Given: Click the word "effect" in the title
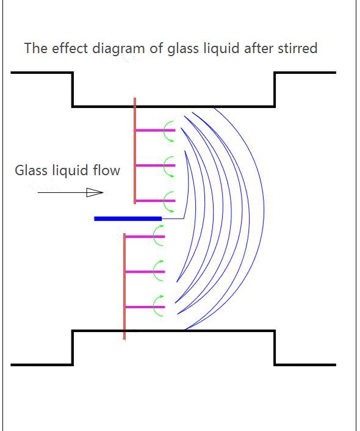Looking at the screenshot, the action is click(70, 48).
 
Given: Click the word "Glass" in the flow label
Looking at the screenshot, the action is click(31, 170).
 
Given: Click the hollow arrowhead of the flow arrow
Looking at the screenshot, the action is click(95, 192).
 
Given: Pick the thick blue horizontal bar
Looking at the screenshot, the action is click(128, 219).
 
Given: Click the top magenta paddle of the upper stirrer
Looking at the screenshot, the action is click(156, 130).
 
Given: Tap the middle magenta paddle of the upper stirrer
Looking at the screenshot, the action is click(156, 165).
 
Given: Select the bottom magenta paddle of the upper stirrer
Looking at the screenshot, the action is click(156, 201).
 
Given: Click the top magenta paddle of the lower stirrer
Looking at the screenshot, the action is click(145, 237).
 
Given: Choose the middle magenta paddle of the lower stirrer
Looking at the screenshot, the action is click(145, 272).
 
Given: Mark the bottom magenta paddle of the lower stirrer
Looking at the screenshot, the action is click(145, 307).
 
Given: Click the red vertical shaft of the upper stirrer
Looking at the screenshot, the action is click(135, 151).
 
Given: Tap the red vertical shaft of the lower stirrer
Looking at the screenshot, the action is click(124, 287).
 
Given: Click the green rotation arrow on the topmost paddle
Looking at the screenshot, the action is click(165, 131).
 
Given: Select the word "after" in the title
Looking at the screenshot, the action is click(259, 48).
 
